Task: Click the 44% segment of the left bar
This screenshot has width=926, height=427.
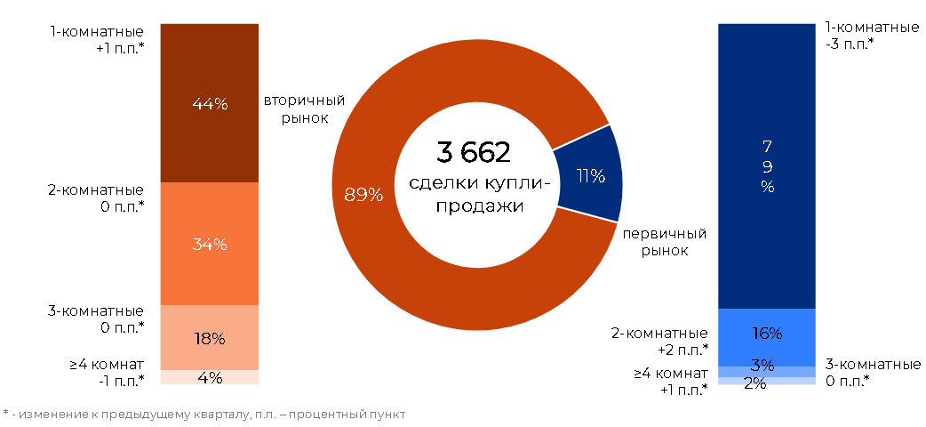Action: (x=210, y=103)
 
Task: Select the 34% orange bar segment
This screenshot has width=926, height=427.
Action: (x=210, y=244)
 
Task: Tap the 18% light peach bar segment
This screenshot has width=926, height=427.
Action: (x=210, y=338)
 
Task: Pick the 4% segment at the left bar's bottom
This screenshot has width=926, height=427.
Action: (x=210, y=377)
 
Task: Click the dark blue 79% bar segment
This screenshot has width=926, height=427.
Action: (x=767, y=166)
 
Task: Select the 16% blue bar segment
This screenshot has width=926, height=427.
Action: (x=767, y=338)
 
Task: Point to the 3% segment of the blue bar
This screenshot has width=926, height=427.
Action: (x=767, y=372)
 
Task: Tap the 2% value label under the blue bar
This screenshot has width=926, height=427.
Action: (x=755, y=383)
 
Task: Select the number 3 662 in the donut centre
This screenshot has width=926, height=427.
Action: (x=473, y=153)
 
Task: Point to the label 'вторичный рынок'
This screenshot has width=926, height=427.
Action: (x=304, y=109)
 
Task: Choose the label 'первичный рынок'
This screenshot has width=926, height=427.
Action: (x=665, y=242)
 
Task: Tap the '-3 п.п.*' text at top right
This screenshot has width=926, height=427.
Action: (x=850, y=44)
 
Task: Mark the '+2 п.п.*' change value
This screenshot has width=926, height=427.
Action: (x=683, y=350)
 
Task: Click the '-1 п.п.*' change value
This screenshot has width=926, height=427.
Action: (x=121, y=380)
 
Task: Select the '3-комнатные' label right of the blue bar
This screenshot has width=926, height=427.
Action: (x=872, y=364)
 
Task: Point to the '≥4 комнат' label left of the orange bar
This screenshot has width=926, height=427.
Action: (x=107, y=365)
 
